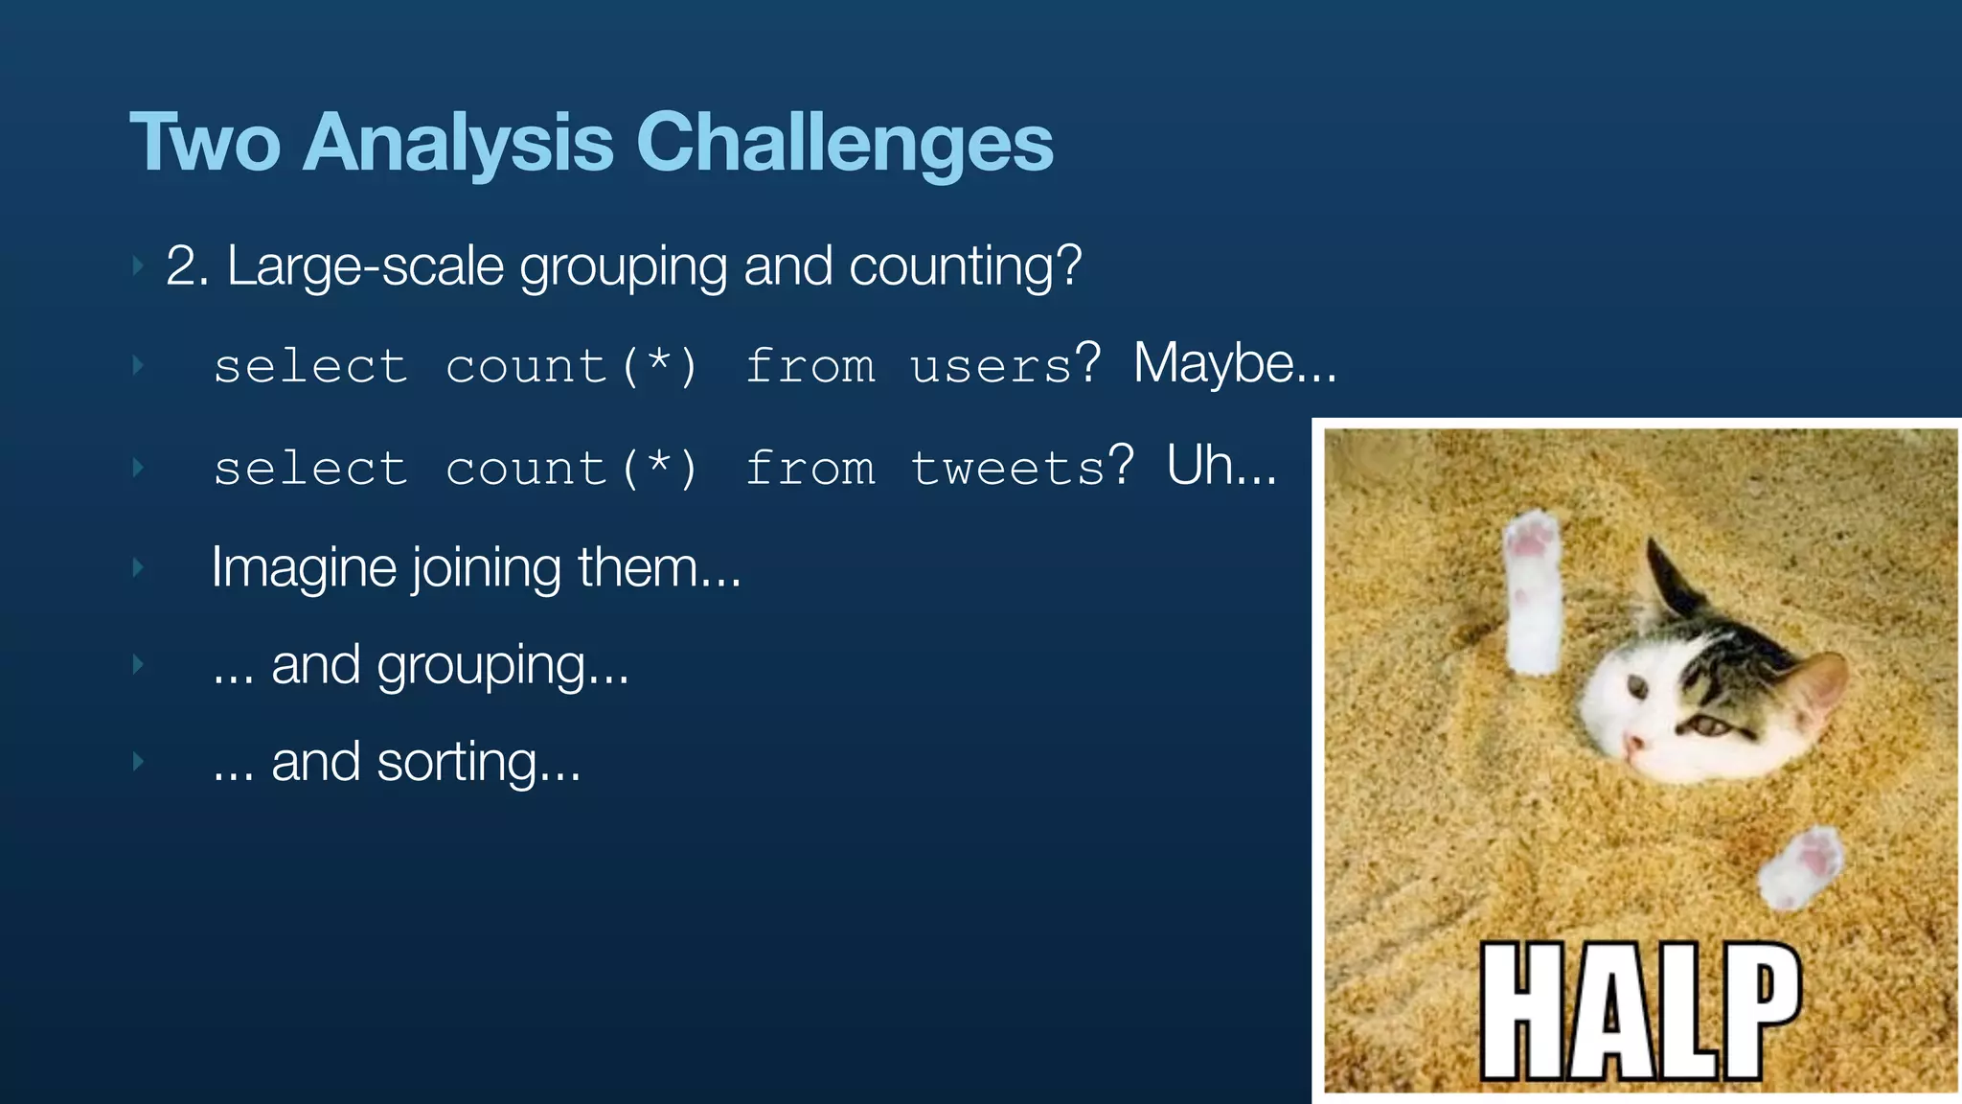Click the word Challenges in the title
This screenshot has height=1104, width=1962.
[844, 144]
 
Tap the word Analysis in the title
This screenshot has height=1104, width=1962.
[457, 144]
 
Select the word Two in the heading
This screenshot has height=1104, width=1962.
[205, 144]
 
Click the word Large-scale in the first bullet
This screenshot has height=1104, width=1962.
[364, 266]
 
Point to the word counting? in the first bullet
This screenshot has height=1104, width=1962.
[965, 266]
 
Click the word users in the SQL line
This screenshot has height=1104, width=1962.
[991, 367]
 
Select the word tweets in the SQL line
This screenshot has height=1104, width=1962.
[1008, 470]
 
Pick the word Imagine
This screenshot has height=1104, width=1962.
[304, 567]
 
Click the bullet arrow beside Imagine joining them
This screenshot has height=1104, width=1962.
[138, 567]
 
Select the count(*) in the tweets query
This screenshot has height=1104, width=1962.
[572, 470]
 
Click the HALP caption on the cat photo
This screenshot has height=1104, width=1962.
[1640, 1010]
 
